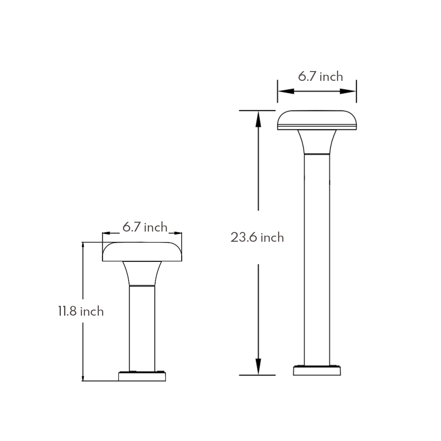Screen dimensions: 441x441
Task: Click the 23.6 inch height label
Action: (257, 237)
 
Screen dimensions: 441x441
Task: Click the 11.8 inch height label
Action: (80, 311)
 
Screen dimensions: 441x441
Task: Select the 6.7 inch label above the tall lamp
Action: (320, 76)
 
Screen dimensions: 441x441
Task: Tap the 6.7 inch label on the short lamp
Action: (145, 227)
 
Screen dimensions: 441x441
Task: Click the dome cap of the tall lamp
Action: (317, 119)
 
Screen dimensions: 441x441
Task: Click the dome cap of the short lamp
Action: (142, 251)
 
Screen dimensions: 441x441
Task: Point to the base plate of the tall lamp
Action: (317, 370)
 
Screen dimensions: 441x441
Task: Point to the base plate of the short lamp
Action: (142, 376)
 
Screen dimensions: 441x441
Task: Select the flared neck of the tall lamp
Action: (317, 142)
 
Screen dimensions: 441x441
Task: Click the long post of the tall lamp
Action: (317, 257)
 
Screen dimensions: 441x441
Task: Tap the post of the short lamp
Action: (142, 327)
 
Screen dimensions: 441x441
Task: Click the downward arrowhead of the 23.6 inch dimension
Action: (258, 367)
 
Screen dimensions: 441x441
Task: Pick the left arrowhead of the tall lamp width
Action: (285, 91)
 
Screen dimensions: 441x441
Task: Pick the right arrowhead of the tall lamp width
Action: (348, 91)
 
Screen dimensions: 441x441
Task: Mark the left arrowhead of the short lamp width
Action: (107, 233)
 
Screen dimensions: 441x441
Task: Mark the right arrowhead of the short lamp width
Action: (177, 233)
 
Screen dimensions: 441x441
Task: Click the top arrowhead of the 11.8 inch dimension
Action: (83, 246)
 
